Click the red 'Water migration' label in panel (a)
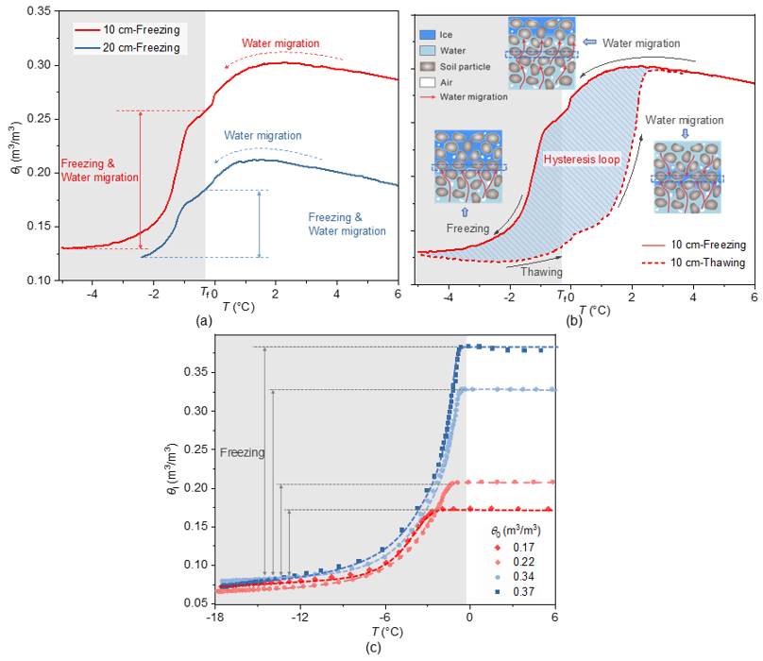pyautogui.click(x=280, y=43)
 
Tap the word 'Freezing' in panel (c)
pyautogui.click(x=242, y=453)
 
